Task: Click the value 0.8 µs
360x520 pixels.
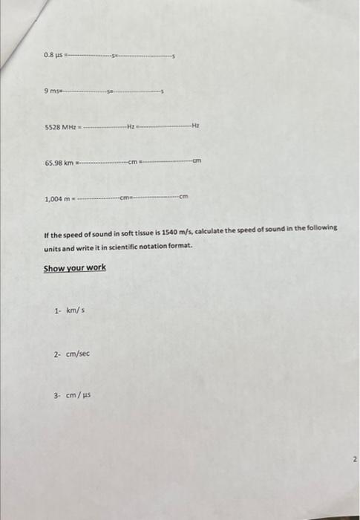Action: tap(53, 55)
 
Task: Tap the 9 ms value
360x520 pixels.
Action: tap(53, 91)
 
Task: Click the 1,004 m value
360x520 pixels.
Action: tap(58, 198)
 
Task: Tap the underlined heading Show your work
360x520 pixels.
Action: tap(74, 267)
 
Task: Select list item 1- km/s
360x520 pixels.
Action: tap(69, 311)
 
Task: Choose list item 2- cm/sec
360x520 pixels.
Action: tap(71, 354)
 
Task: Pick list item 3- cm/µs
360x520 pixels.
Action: tap(71, 397)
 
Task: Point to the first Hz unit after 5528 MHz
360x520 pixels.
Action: tap(131, 126)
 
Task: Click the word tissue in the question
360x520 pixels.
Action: tap(140, 228)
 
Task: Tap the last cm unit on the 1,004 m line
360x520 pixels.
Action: tap(185, 198)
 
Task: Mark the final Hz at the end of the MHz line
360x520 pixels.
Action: tap(196, 126)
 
